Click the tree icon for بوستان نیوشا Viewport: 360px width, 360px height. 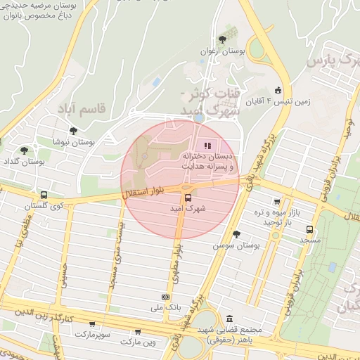73,129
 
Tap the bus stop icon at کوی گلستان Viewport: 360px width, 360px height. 44,195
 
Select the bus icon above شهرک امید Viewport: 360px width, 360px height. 187,198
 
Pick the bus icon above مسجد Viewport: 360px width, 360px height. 309,229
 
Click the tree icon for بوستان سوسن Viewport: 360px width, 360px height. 236,235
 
